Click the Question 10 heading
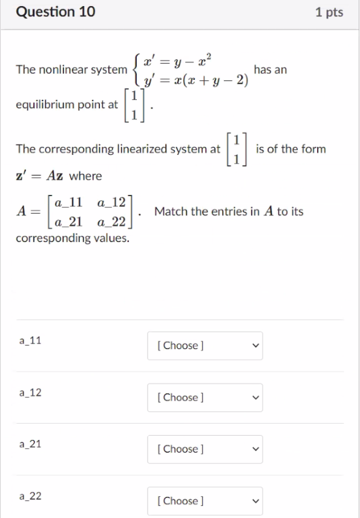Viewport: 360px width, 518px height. pyautogui.click(x=56, y=11)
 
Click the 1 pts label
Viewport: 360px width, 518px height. pyautogui.click(x=329, y=12)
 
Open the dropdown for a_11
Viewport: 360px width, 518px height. pyautogui.click(x=205, y=346)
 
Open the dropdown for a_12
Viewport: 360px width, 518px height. pyautogui.click(x=205, y=398)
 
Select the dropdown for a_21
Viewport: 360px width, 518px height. pyautogui.click(x=205, y=449)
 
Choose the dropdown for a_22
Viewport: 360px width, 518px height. pyautogui.click(x=205, y=500)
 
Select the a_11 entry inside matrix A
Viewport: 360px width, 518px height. pyautogui.click(x=67, y=201)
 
